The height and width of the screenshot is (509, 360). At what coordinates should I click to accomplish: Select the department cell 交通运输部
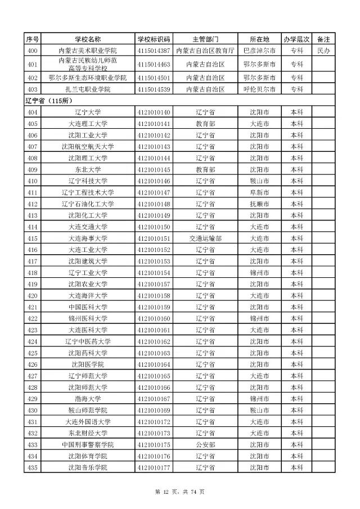click(x=206, y=238)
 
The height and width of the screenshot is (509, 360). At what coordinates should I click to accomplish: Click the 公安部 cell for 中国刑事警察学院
click(x=206, y=445)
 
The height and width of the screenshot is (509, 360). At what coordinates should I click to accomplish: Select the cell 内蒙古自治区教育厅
click(x=206, y=51)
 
